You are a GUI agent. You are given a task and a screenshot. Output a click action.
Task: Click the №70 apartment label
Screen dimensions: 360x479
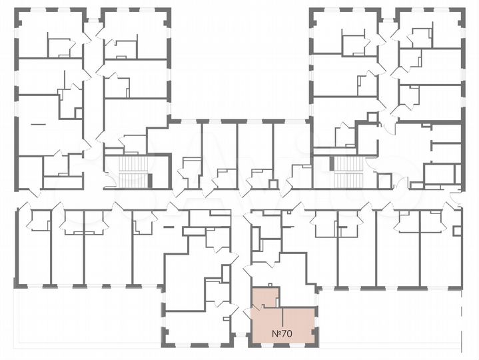tap(283, 333)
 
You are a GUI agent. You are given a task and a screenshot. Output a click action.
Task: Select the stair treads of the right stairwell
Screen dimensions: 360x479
tap(346, 173)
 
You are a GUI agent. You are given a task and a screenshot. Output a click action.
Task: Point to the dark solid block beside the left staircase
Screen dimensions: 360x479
tap(151, 179)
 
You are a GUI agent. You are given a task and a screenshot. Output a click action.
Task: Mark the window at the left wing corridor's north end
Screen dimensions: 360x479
tap(93, 9)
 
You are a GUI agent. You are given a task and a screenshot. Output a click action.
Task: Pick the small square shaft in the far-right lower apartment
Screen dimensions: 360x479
tap(457, 231)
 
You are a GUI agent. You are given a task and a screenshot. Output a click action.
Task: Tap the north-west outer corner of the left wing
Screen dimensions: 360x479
tap(17, 10)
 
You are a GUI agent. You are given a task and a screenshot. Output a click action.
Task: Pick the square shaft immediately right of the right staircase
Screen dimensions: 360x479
tap(384, 180)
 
